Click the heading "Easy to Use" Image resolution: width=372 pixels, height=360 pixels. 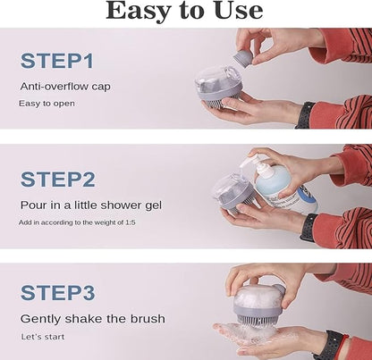coord(184,11)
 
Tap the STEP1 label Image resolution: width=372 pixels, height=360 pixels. coord(57,61)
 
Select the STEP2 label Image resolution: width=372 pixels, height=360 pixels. coord(58,180)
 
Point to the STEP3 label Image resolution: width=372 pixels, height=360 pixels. coord(58,293)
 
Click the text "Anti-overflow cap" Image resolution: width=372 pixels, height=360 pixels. coord(65,87)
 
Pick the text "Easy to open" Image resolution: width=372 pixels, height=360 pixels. coord(46,104)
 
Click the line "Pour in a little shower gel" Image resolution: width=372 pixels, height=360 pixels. coord(91,205)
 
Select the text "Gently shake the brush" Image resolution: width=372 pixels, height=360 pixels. coord(92,319)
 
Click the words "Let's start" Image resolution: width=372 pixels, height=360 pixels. coord(43,337)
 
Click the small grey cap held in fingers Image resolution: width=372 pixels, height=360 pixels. coord(243,58)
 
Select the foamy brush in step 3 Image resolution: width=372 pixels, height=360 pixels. coord(258,305)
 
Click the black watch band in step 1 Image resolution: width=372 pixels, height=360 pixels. coord(305,115)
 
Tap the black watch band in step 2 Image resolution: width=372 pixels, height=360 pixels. coord(309,227)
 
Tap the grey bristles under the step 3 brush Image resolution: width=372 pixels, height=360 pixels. coord(255,324)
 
